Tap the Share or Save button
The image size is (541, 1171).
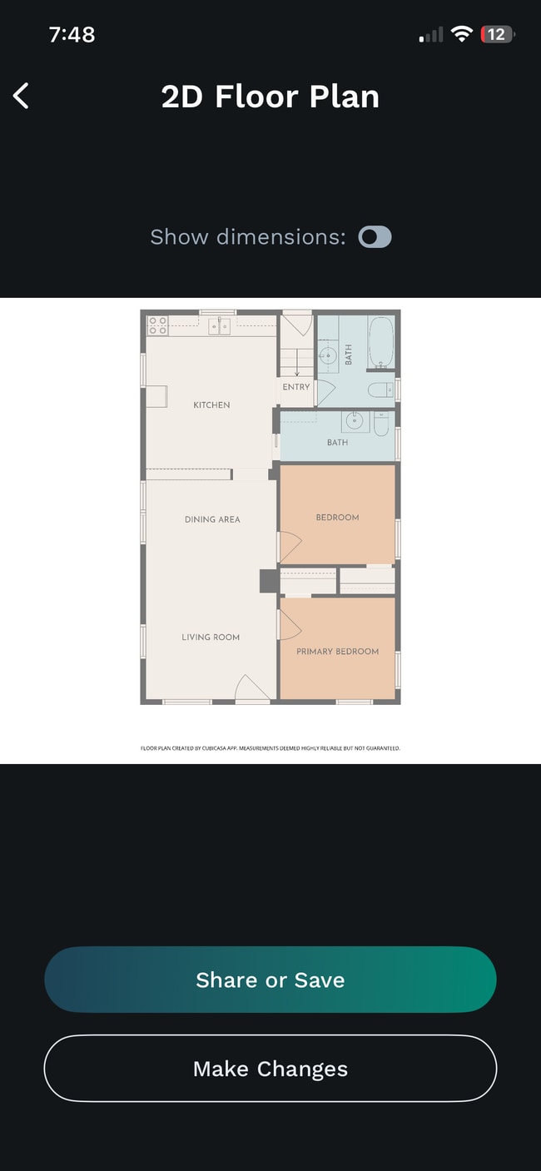click(x=270, y=979)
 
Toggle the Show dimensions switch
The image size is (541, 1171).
click(x=375, y=237)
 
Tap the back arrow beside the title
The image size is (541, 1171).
click(x=21, y=97)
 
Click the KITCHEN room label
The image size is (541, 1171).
click(x=211, y=404)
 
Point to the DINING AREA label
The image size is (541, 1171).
click(x=212, y=519)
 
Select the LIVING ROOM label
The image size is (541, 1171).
click(x=211, y=637)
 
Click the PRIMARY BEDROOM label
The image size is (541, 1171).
click(x=338, y=652)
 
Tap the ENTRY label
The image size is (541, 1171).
click(x=296, y=387)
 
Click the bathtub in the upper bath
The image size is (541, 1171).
click(x=381, y=342)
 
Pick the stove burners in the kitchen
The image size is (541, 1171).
click(x=157, y=325)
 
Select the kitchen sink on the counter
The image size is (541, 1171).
click(x=220, y=326)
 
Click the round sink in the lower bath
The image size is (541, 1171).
click(x=355, y=420)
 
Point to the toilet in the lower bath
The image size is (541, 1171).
click(x=381, y=424)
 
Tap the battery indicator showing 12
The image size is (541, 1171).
click(x=497, y=34)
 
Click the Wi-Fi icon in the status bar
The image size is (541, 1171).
click(x=462, y=34)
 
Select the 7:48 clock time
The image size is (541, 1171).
click(x=72, y=34)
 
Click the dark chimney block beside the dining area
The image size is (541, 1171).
click(x=269, y=581)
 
